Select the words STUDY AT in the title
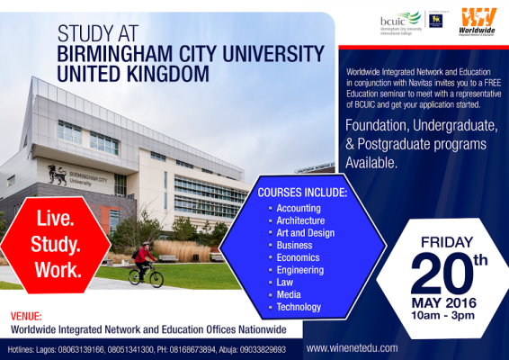[x=101, y=34]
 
